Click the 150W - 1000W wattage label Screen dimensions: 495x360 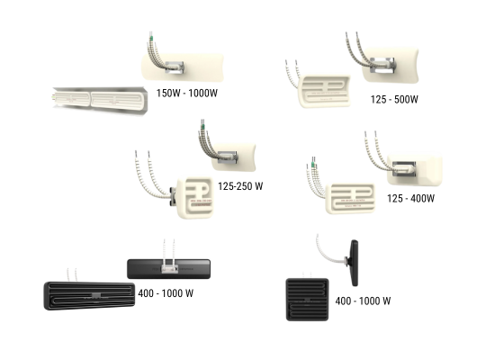[187, 94]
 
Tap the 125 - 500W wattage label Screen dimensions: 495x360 [394, 100]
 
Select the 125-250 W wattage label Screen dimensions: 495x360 [240, 186]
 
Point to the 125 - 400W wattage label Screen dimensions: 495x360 [410, 198]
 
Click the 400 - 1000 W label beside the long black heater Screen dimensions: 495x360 [166, 293]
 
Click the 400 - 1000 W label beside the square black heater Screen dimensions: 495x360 [363, 301]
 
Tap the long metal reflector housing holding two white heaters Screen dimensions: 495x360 [100, 100]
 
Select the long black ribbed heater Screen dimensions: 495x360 [89, 296]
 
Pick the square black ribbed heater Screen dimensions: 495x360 [307, 300]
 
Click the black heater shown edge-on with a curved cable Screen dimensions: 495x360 [355, 263]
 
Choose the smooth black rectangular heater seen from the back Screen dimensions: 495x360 [169, 269]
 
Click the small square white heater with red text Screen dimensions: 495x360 [195, 198]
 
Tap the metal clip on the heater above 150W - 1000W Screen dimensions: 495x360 [174, 67]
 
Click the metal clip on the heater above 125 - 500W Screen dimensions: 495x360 [382, 66]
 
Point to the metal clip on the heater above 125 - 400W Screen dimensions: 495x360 [404, 168]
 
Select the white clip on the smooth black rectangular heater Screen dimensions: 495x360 [169, 269]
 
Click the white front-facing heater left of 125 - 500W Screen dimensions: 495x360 [324, 91]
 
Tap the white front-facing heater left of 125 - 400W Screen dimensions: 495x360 [350, 198]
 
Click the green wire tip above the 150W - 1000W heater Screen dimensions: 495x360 [151, 39]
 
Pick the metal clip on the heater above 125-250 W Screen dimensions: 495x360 [228, 157]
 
